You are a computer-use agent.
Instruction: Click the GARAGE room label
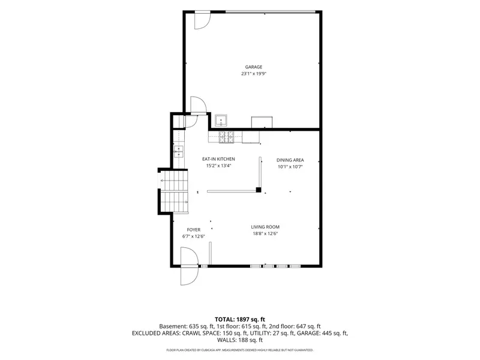253,67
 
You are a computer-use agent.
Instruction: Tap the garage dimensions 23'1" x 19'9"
254,74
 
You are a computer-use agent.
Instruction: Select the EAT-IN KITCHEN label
218,159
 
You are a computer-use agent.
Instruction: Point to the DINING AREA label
290,160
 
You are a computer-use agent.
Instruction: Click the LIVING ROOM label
265,227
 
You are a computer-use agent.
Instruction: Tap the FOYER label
193,230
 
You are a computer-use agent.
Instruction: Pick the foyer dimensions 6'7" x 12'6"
193,236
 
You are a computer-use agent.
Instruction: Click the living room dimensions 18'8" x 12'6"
265,234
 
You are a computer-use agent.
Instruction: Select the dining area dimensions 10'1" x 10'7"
290,167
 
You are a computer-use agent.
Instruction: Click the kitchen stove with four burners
226,137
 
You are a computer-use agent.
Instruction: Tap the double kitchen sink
178,152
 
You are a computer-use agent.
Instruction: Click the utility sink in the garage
221,121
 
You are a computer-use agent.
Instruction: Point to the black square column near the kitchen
259,190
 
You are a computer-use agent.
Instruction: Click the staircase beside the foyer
174,191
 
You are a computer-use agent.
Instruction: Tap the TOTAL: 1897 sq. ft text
239,320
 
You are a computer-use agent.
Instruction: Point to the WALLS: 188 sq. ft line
239,340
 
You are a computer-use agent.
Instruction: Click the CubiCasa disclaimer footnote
239,350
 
